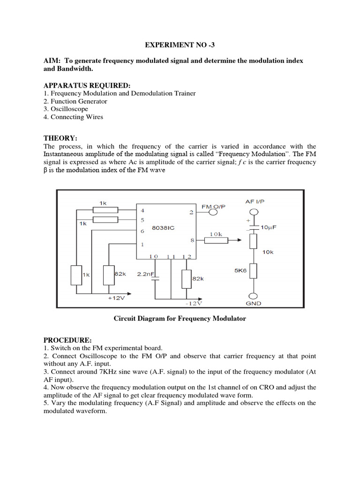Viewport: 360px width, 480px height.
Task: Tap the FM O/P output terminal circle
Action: [214, 212]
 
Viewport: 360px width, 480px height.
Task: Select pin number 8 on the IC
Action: [191, 240]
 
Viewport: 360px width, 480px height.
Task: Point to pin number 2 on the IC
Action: [191, 212]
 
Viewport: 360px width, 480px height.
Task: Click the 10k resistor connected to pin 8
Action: [216, 240]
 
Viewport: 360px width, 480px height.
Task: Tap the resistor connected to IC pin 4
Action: [104, 210]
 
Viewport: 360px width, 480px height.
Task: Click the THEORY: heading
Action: [60, 138]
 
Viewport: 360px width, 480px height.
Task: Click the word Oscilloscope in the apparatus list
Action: [69, 109]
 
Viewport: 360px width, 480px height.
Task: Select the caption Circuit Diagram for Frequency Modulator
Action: [180, 319]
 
